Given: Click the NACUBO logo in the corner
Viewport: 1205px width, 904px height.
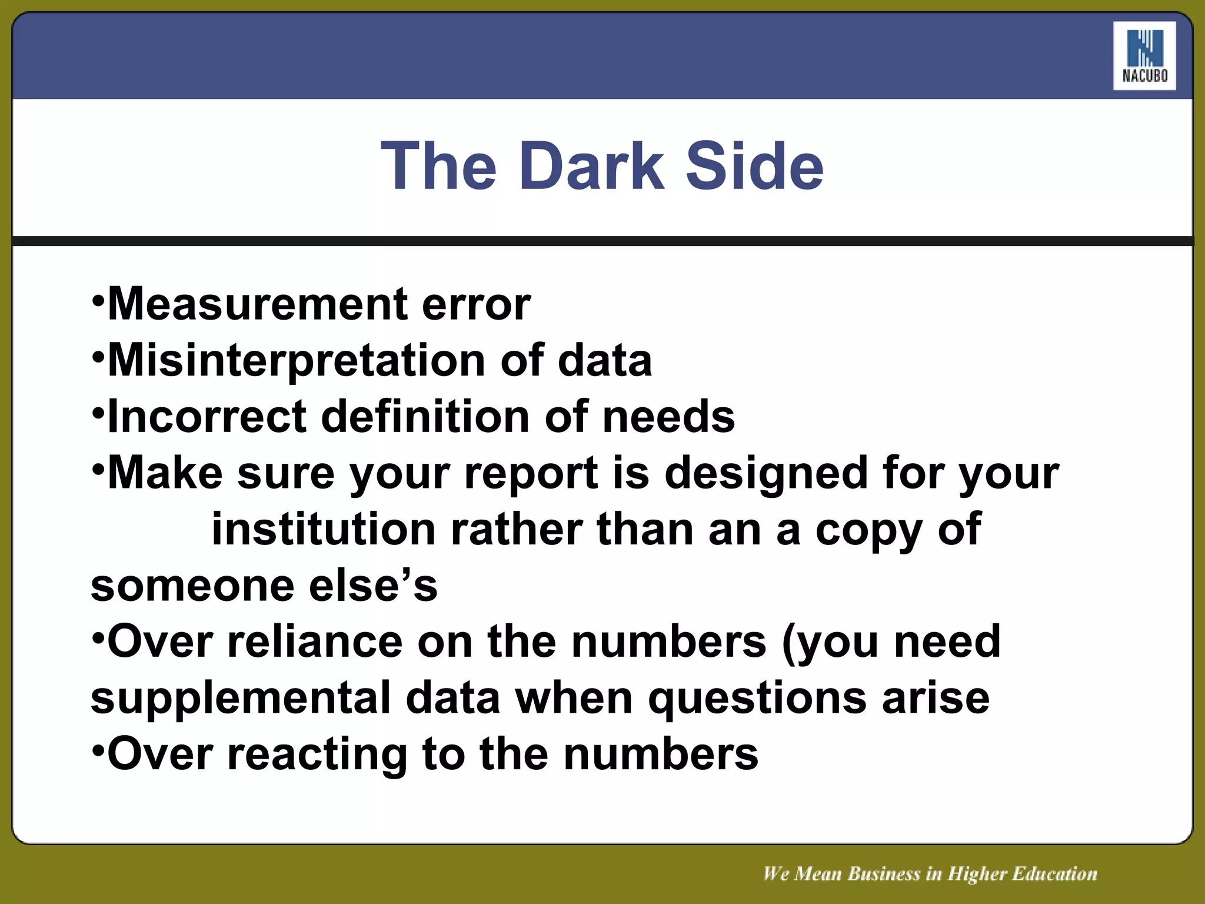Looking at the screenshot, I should coord(1144,56).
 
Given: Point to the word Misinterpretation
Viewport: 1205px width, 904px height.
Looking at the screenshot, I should coord(297,361).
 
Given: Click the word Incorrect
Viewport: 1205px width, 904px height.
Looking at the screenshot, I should coord(207,417).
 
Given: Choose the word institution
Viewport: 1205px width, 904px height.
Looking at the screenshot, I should coord(324,529).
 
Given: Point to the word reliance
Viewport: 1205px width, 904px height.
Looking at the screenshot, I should coord(315,642).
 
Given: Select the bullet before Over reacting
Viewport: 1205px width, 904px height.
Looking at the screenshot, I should coord(98,751).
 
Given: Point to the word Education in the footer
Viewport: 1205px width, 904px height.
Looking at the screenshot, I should coord(1054,874).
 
